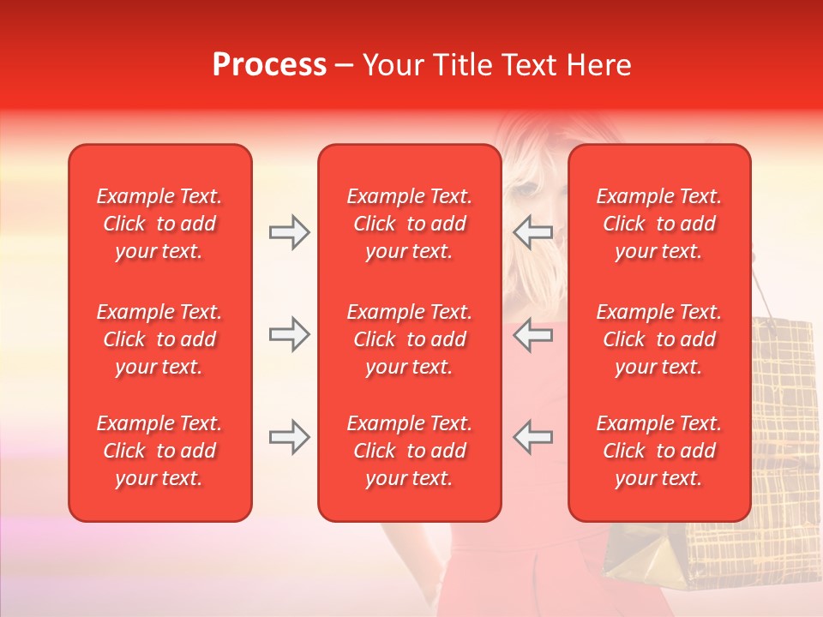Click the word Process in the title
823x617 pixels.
(x=269, y=65)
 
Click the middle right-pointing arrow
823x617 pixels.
(x=290, y=335)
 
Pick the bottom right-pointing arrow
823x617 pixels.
(x=290, y=437)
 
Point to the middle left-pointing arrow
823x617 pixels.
(x=532, y=335)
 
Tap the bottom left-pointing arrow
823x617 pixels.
(x=532, y=437)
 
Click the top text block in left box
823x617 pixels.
(x=159, y=224)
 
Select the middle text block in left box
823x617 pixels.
(x=159, y=339)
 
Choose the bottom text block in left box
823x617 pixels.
(x=159, y=451)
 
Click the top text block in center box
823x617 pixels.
(x=409, y=224)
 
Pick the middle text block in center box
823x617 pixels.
(x=409, y=339)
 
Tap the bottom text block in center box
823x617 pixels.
(x=409, y=451)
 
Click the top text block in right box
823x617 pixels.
(x=658, y=224)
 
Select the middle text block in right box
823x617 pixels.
(x=658, y=339)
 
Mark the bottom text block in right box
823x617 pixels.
(x=658, y=451)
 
